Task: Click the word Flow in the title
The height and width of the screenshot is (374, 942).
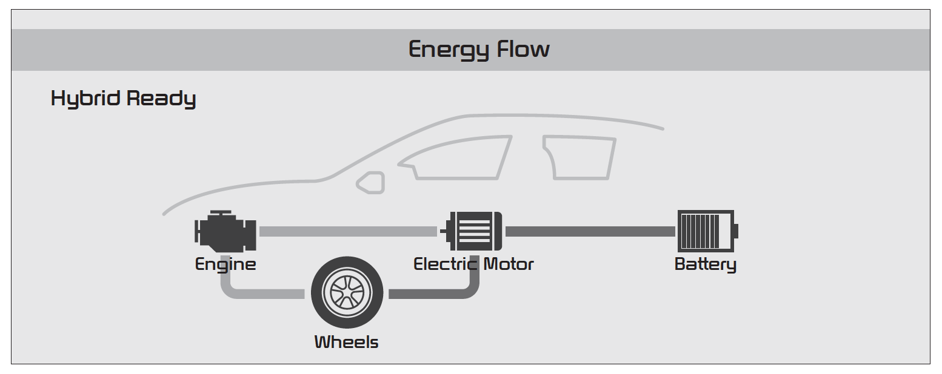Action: coord(523,49)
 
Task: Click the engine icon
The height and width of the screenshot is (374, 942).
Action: coord(225,231)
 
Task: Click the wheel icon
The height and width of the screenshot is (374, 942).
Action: coord(347,293)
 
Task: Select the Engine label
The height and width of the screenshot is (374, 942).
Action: coord(225,264)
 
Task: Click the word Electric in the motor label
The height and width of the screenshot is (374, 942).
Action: coord(446,264)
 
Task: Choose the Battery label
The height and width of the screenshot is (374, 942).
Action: coord(705,264)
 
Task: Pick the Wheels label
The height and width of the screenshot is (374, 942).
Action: coord(346,343)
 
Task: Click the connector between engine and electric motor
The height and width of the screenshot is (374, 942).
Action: coord(348,231)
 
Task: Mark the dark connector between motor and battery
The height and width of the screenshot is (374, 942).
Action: coord(590,231)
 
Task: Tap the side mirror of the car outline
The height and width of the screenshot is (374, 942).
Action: coord(371,183)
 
